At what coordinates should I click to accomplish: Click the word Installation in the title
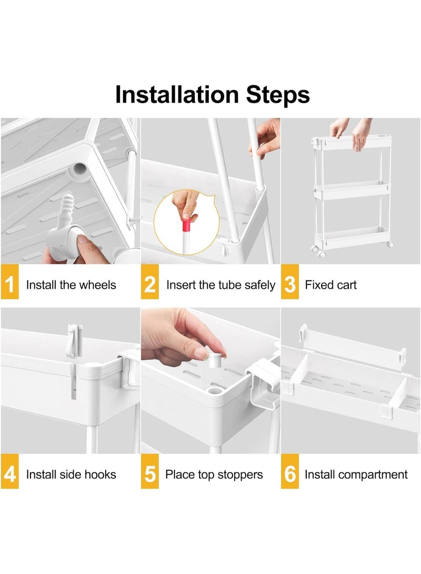(x=177, y=94)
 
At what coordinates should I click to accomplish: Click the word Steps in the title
(x=278, y=95)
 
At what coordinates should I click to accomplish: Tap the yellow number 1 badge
(x=9, y=282)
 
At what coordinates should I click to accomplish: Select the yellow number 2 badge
(x=150, y=282)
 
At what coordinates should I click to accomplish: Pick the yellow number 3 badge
(x=290, y=282)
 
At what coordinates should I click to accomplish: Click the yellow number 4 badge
(x=9, y=471)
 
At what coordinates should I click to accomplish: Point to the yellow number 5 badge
(x=150, y=471)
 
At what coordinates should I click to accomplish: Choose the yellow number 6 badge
(x=290, y=471)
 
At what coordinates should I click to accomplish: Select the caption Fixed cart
(x=330, y=285)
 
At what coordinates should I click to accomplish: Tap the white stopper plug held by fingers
(x=215, y=360)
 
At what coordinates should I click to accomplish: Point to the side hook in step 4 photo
(x=74, y=341)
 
